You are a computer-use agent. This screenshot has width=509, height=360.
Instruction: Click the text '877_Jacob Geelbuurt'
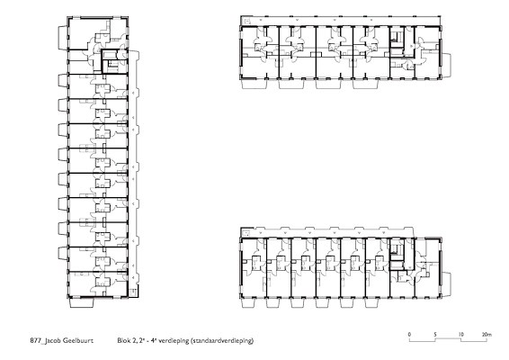(x=62, y=341)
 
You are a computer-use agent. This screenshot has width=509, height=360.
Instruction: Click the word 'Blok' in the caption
(x=123, y=340)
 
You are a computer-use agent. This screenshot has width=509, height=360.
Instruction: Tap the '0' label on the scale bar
(x=409, y=334)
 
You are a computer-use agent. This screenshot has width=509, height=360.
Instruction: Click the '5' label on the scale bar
(x=435, y=334)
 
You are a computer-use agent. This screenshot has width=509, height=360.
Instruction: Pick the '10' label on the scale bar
(x=461, y=334)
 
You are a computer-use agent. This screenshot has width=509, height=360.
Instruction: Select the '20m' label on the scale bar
(x=487, y=334)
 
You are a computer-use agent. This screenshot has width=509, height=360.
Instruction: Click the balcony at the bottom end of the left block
(x=82, y=302)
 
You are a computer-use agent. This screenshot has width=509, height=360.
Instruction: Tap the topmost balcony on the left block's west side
(x=63, y=38)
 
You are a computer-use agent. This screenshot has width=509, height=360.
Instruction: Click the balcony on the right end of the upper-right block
(x=446, y=66)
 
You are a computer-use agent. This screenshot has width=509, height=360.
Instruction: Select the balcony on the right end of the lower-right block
(x=446, y=284)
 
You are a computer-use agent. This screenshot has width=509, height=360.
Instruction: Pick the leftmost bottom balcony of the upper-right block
(x=254, y=84)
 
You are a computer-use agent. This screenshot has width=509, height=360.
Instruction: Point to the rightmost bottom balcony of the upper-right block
(x=365, y=84)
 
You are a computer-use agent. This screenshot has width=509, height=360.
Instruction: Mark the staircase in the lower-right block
(x=397, y=254)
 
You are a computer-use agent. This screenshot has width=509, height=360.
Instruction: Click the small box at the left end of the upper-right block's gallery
(x=247, y=22)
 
